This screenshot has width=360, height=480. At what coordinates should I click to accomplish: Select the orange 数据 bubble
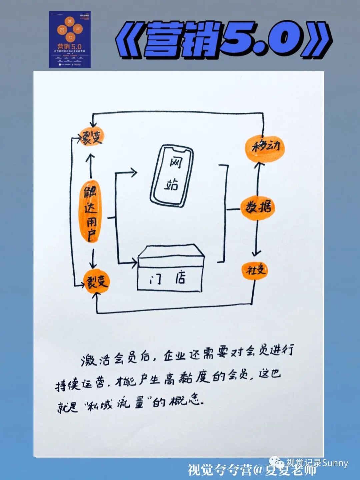[258, 207]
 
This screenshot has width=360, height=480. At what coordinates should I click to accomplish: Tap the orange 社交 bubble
[255, 270]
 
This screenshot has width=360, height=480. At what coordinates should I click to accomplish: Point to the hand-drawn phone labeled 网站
[172, 175]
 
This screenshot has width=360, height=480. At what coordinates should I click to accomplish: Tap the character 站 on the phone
[171, 184]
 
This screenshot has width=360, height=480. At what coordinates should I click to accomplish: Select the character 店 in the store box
[181, 278]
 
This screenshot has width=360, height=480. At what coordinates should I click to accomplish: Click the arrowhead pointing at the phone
[134, 172]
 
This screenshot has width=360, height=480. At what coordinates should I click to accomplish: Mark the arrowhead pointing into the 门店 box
[134, 263]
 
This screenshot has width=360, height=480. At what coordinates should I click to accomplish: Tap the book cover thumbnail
[70, 39]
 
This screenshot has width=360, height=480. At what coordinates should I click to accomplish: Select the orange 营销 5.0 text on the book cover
[69, 46]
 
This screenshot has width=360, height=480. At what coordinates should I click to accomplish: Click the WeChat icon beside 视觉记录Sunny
[277, 462]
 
